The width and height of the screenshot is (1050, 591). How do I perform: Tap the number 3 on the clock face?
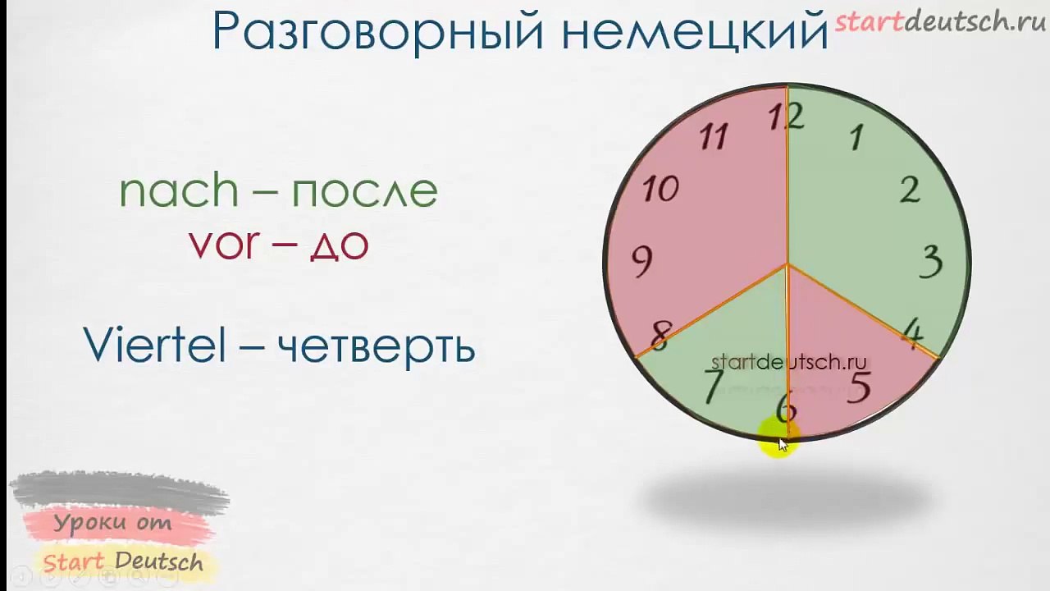(931, 263)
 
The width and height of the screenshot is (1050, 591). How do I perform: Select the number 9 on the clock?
(642, 262)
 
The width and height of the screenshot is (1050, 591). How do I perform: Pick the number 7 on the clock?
(714, 386)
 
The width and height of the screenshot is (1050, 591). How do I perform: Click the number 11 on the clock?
(714, 136)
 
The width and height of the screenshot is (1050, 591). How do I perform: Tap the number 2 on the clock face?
(910, 190)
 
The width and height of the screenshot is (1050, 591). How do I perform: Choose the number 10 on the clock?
(660, 190)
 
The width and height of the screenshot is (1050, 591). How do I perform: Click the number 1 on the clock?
(856, 138)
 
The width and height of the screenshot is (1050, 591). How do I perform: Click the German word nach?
(179, 190)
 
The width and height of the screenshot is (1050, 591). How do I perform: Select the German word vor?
(224, 243)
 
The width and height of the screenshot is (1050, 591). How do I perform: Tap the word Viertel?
(154, 346)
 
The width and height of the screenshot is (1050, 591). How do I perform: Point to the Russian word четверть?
(377, 347)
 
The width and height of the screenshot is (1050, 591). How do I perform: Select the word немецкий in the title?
(695, 33)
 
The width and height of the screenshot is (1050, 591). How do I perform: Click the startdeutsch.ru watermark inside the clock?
(788, 362)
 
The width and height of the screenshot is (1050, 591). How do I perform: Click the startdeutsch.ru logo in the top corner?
(940, 21)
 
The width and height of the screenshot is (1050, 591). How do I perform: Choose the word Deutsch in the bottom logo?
(159, 561)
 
